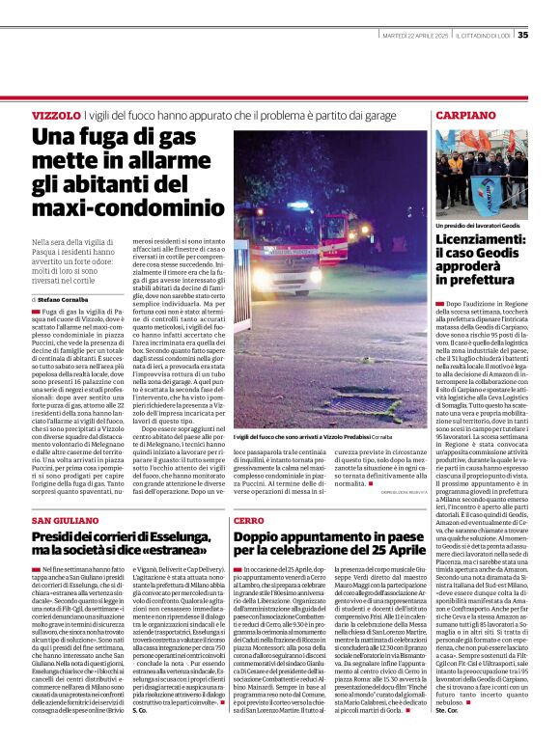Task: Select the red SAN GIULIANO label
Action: tap(63, 521)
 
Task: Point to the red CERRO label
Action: tap(248, 521)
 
